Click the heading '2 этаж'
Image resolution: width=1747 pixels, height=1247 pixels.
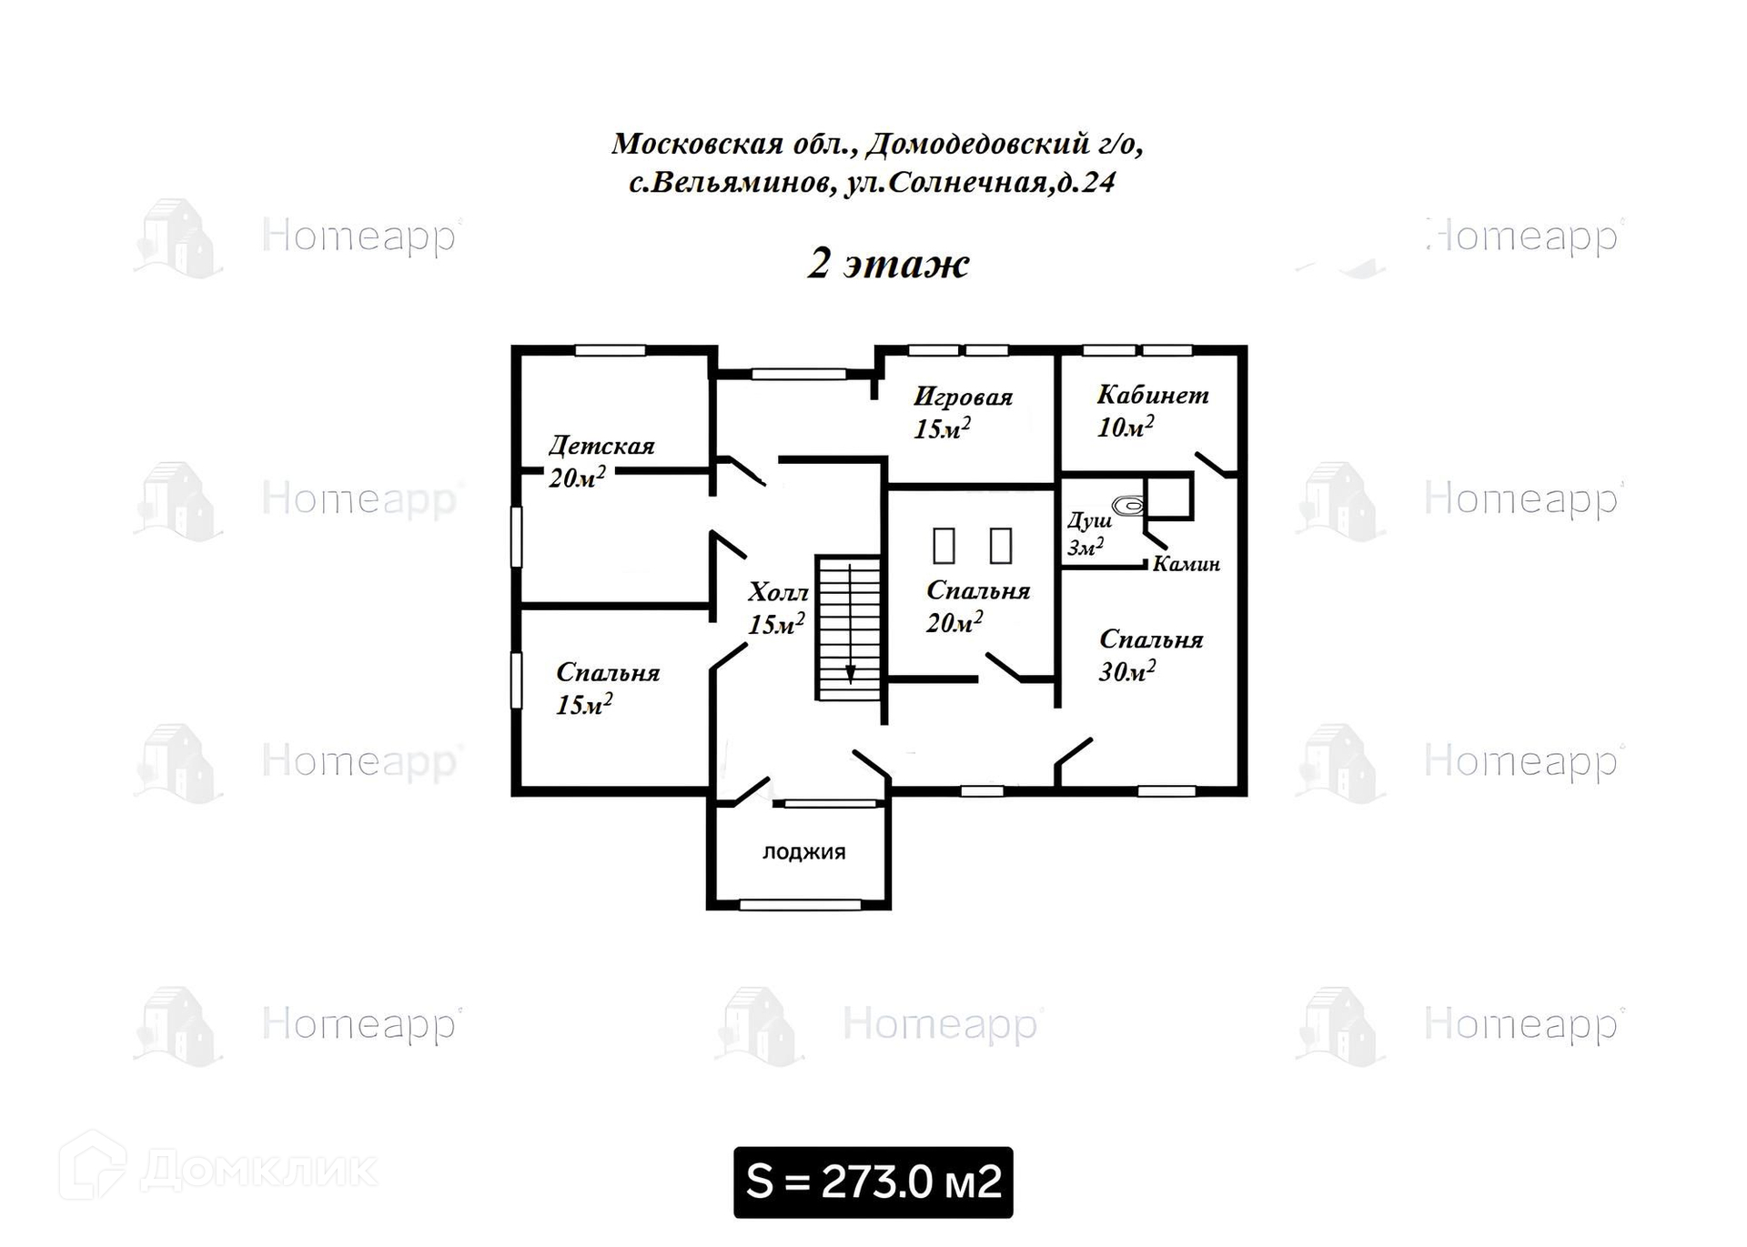pyautogui.click(x=888, y=264)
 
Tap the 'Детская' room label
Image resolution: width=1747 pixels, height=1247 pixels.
pyautogui.click(x=601, y=447)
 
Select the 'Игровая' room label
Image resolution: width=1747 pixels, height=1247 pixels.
pyautogui.click(x=963, y=397)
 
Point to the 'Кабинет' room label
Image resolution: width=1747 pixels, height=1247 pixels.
pyautogui.click(x=1153, y=395)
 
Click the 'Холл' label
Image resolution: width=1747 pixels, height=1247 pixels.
pyautogui.click(x=778, y=593)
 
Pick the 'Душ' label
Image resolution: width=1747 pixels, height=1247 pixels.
pyautogui.click(x=1089, y=521)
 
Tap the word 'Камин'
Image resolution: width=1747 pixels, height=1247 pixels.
pyautogui.click(x=1187, y=564)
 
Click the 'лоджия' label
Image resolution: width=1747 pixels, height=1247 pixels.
pyautogui.click(x=804, y=852)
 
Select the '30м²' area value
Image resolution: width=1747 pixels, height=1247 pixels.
pyautogui.click(x=1127, y=672)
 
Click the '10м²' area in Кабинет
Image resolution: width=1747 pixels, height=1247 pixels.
pyautogui.click(x=1126, y=427)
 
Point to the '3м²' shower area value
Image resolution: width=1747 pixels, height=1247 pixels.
pyautogui.click(x=1086, y=548)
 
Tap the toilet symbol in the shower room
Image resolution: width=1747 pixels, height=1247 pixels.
pyautogui.click(x=1128, y=505)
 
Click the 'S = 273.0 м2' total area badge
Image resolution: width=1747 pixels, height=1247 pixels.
pyautogui.click(x=873, y=1182)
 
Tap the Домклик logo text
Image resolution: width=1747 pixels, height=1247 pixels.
pyautogui.click(x=259, y=1170)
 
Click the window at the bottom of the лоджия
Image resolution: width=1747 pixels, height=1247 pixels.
pyautogui.click(x=800, y=905)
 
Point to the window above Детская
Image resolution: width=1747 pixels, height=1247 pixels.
pyautogui.click(x=610, y=351)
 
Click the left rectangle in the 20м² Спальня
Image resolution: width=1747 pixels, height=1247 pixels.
pyautogui.click(x=944, y=546)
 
